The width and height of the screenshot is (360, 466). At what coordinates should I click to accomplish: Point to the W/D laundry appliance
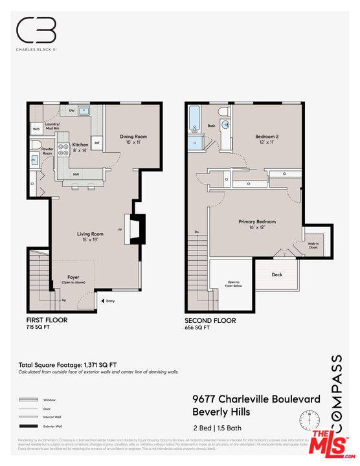coord(36,129)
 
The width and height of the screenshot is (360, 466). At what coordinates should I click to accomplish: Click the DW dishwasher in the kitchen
coord(71,111)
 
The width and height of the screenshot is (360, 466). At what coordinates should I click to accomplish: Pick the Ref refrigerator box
coord(96,142)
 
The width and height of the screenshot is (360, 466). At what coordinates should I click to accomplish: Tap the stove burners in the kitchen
coord(64,150)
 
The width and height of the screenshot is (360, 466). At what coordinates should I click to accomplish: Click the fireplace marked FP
coord(138,229)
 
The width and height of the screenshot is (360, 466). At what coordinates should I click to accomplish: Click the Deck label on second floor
coord(277,274)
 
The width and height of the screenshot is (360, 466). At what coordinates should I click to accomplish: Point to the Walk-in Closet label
coord(313,245)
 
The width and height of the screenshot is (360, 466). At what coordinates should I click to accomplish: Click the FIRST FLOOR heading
coord(47,320)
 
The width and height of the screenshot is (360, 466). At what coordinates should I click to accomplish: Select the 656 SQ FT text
coord(197,328)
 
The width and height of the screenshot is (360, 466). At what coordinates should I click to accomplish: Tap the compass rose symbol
coord(309,420)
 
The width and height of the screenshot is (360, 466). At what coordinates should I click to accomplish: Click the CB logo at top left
coord(36,30)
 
